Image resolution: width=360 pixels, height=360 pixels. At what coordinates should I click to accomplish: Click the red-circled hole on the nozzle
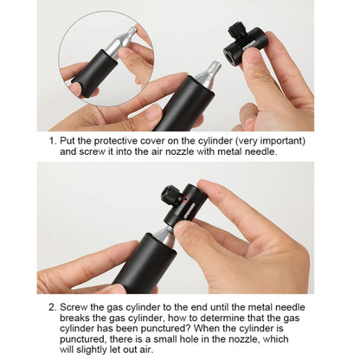[186, 198]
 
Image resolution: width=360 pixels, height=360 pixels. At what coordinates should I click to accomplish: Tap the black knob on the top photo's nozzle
[236, 29]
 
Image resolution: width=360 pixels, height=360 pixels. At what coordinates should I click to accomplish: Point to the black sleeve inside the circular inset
[94, 74]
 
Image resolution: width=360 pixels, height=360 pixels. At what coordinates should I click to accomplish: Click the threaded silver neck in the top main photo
[213, 67]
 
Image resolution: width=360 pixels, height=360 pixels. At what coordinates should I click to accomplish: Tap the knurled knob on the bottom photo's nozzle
[170, 196]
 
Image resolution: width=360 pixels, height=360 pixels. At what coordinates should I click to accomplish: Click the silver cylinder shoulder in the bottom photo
[164, 235]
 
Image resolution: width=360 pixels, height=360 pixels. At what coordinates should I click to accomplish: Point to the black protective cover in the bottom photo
[144, 264]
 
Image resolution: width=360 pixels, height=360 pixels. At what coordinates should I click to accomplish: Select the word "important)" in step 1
[282, 141]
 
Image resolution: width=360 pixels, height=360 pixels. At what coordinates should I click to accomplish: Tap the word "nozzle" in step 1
[180, 151]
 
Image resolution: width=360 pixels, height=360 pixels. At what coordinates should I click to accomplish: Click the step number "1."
[53, 141]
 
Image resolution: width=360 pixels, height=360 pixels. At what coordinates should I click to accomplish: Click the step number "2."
[53, 307]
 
